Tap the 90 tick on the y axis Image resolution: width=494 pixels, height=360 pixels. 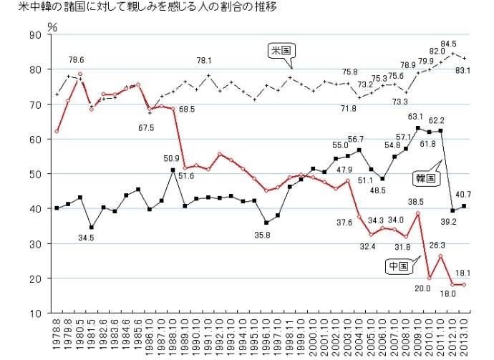[x=35, y=35]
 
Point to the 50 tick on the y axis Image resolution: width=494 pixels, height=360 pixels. [x=35, y=174]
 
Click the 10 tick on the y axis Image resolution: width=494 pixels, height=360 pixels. [x=35, y=313]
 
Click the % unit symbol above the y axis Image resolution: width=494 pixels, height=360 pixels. [x=52, y=25]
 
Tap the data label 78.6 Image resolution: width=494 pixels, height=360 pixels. [x=77, y=60]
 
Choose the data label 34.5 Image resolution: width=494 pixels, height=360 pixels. [x=87, y=237]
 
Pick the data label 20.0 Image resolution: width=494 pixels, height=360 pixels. [x=422, y=288]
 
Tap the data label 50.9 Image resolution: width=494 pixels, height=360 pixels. [x=173, y=158]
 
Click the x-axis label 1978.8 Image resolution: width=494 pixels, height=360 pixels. [x=57, y=334]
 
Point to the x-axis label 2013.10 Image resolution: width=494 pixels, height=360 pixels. [x=465, y=336]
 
